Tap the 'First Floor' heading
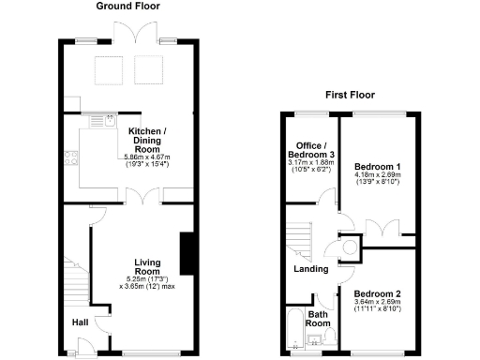pyautogui.click(x=350, y=95)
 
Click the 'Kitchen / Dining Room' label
pyautogui.click(x=147, y=139)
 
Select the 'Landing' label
pyautogui.click(x=312, y=269)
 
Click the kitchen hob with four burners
pyautogui.click(x=69, y=158)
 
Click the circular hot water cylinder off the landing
pyautogui.click(x=350, y=247)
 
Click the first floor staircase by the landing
pyautogui.click(x=298, y=238)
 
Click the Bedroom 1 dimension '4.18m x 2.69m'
pyautogui.click(x=377, y=174)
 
